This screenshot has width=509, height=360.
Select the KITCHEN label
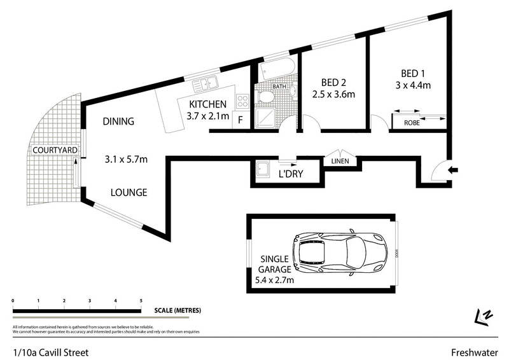click(x=207, y=104)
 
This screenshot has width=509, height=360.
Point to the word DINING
click(x=118, y=121)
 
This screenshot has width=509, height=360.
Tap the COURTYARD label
click(x=56, y=150)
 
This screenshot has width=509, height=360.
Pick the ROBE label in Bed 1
click(x=413, y=124)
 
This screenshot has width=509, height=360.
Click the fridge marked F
click(x=241, y=120)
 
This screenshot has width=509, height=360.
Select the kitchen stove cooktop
click(x=242, y=100)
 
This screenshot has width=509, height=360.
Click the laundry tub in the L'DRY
click(x=262, y=170)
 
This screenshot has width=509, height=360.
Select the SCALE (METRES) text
click(x=178, y=310)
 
